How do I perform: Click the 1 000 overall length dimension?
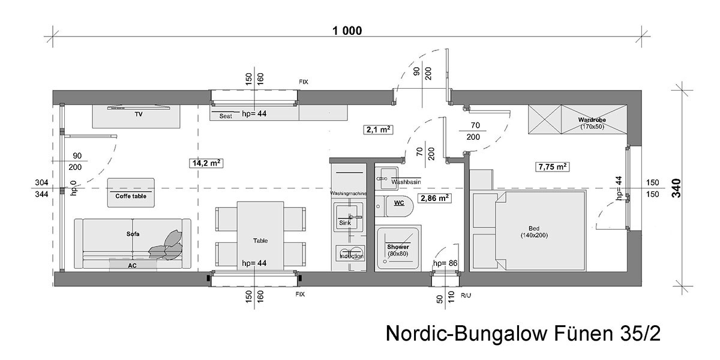click(x=347, y=31)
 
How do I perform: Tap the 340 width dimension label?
click(x=676, y=188)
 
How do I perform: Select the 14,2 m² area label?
click(x=206, y=163)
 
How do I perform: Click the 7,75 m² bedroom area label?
click(x=553, y=167)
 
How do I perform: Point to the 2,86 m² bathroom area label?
click(x=434, y=198)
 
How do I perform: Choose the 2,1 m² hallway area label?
click(x=379, y=130)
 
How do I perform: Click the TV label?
click(x=139, y=115)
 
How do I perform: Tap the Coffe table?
click(x=131, y=193)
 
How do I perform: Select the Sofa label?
click(x=133, y=234)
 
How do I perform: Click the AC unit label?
click(x=132, y=265)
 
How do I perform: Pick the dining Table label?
click(x=260, y=241)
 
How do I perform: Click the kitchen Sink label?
click(x=345, y=223)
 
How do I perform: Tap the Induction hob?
click(x=350, y=253)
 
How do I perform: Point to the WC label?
click(x=399, y=203)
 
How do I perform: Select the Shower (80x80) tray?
click(x=398, y=248)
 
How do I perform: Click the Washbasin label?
click(x=406, y=182)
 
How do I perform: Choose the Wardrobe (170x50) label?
click(x=592, y=123)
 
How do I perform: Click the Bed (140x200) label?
click(x=534, y=232)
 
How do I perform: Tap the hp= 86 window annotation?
click(x=445, y=263)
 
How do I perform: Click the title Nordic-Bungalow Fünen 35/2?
click(x=523, y=334)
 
